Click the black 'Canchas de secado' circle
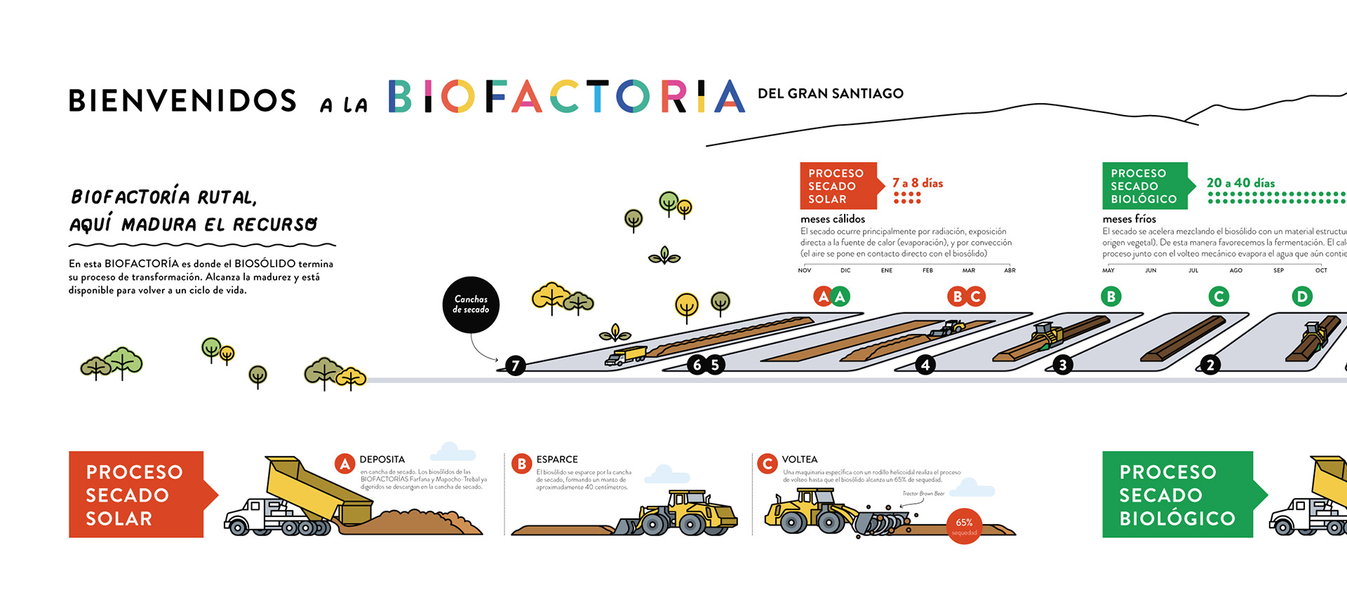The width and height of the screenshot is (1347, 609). [471, 304]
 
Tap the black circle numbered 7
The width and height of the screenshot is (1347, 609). [516, 366]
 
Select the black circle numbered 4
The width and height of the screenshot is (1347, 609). [925, 365]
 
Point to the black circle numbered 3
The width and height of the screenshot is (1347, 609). [1063, 365]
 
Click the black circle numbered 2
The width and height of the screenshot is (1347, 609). [1210, 365]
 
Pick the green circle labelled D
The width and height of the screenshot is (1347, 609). [1302, 297]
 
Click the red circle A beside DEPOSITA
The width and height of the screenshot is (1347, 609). [344, 464]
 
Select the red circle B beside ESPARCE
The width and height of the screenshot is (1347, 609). [521, 464]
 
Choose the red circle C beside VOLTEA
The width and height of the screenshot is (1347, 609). [768, 464]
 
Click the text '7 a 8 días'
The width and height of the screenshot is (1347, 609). [918, 183]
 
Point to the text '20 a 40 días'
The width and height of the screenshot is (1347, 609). [1240, 183]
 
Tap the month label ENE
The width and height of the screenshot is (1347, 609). [887, 271]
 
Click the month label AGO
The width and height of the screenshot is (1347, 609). [1235, 271]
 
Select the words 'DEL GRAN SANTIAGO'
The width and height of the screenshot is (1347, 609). [831, 94]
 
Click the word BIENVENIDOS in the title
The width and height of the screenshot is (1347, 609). [182, 101]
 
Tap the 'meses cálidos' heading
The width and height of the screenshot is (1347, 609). [833, 219]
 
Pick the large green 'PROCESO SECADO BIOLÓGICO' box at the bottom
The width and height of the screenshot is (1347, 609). [1177, 495]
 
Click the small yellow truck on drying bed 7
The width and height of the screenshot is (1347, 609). [626, 356]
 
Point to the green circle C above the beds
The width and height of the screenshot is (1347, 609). [1219, 297]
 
